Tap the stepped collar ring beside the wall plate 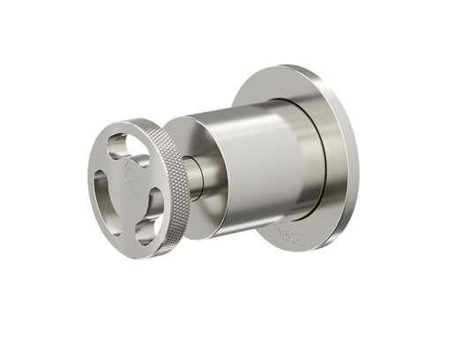click(313, 159)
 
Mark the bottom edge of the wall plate click(291, 250)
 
